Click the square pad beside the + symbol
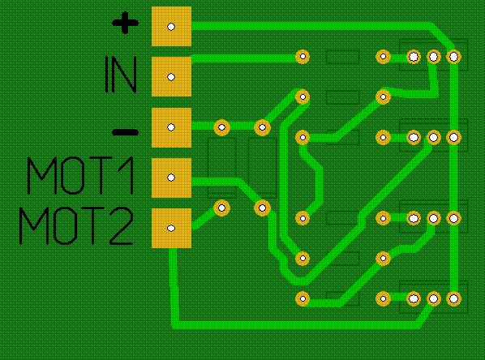click(x=171, y=27)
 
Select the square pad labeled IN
click(x=171, y=77)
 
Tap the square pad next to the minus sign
click(x=171, y=127)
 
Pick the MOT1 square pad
click(x=171, y=178)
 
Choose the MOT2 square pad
click(x=171, y=229)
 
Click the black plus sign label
click(x=125, y=23)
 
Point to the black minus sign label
click(x=125, y=132)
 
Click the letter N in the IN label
click(x=126, y=75)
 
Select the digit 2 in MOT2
click(x=122, y=225)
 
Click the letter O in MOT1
click(x=73, y=175)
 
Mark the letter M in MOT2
click(x=34, y=225)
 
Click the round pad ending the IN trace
click(x=303, y=57)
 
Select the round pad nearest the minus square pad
click(x=221, y=127)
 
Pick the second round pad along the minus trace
click(x=262, y=127)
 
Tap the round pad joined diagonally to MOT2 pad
click(x=221, y=208)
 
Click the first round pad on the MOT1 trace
click(x=262, y=208)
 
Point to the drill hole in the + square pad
click(x=171, y=27)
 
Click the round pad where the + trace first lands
click(x=453, y=57)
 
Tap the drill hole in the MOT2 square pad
click(x=171, y=229)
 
